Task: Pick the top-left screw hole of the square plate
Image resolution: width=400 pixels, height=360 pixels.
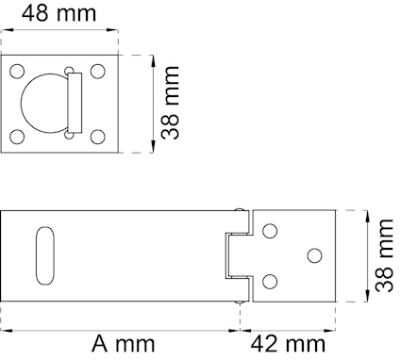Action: (x=17, y=71)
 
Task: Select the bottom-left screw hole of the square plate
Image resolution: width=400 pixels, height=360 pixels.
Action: (x=17, y=136)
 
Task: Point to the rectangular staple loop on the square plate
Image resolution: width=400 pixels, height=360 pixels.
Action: (x=75, y=104)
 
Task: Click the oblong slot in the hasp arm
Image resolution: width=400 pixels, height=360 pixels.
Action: (x=42, y=254)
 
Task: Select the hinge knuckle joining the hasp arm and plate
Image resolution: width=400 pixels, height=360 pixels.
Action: (x=236, y=255)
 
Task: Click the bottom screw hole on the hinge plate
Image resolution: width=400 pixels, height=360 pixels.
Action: (x=270, y=281)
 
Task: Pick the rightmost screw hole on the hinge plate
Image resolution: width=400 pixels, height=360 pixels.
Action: (x=313, y=255)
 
